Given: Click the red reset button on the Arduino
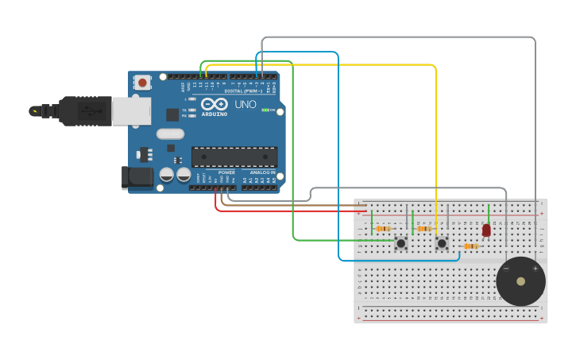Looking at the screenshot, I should coord(142,82).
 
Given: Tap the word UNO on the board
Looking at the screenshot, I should coord(245,104).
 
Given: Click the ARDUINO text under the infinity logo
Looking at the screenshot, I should coord(215,114).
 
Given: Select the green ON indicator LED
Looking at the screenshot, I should coord(265,110).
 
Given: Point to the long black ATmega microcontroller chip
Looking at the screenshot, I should coord(234,157).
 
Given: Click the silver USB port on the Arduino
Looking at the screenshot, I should coord(130,111).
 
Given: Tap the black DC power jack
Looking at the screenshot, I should coord(137,177).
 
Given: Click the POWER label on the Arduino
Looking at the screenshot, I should coord(226,172).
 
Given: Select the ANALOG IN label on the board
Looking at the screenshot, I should coord(263,172).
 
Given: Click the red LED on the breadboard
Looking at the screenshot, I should coord(486,230).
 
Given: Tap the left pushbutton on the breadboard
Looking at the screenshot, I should coord(401,242).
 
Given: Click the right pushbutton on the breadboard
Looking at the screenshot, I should coord(442,242).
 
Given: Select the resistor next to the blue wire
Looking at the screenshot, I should coord(470,246).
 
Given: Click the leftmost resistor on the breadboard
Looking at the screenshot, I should coord(383,229).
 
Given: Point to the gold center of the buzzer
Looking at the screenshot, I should coord(520,281).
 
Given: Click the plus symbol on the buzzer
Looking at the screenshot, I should coord(535,269).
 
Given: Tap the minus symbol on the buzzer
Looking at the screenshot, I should coord(506,269).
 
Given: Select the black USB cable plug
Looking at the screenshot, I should coord(84,111).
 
